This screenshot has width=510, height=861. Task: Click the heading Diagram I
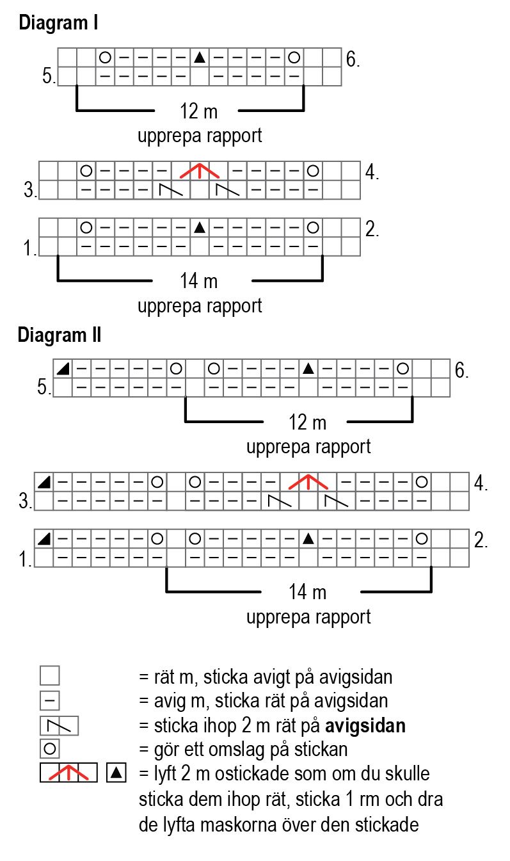tap(58, 24)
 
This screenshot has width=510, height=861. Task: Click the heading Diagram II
tap(60, 335)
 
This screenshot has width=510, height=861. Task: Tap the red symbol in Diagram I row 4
tap(200, 171)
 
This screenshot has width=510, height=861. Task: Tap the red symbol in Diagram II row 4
tap(308, 481)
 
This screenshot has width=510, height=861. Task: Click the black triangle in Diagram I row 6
tap(200, 58)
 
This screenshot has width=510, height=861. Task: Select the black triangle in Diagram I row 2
tap(200, 227)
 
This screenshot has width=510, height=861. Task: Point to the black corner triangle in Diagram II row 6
tap(63, 369)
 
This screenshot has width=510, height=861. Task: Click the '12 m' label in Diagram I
tap(198, 111)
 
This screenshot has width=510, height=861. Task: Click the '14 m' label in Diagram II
tap(307, 592)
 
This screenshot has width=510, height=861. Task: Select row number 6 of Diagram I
tap(353, 60)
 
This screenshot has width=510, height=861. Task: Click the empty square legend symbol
tap(49, 676)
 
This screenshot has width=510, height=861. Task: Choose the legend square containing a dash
tap(49, 700)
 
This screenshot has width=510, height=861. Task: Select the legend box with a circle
tap(49, 748)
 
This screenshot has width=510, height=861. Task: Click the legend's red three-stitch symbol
tap(68, 773)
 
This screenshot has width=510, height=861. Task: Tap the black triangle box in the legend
tap(116, 773)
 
